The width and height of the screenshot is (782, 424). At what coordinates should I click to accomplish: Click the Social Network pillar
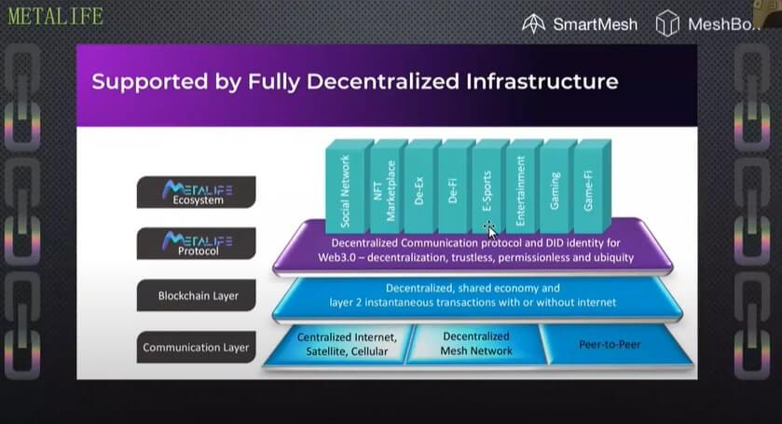(345, 187)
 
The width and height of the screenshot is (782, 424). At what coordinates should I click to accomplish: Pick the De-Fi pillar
(453, 187)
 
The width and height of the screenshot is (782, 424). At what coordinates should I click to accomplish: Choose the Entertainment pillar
(521, 187)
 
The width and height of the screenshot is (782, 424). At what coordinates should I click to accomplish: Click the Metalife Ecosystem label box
(197, 192)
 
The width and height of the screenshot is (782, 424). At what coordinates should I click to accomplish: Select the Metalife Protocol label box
(197, 243)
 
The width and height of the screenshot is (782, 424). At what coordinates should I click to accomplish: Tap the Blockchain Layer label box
(197, 295)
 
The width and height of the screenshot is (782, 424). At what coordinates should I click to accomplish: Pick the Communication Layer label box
(197, 348)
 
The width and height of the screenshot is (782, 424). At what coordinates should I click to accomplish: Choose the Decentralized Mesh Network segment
(476, 344)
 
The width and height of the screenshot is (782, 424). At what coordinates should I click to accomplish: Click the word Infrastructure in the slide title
(542, 81)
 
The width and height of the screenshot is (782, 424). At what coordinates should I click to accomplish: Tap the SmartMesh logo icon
(533, 23)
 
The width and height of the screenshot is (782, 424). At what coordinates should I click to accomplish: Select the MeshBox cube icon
(667, 23)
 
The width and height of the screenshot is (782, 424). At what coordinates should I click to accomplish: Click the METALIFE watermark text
(55, 17)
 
